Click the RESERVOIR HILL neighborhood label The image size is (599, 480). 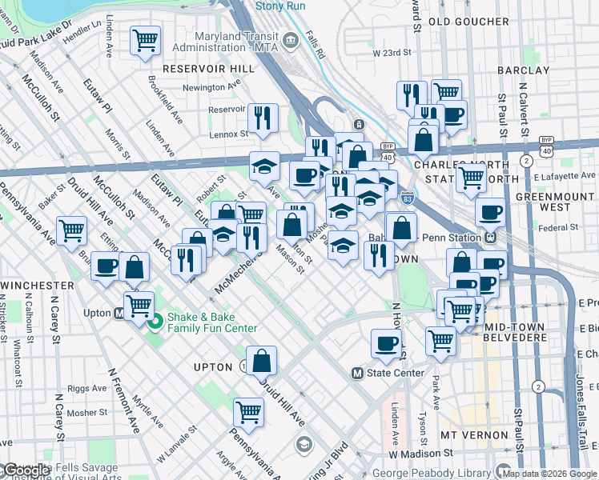pos(208,69)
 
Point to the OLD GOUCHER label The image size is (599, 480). pos(468,22)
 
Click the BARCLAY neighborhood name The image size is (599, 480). pos(523,70)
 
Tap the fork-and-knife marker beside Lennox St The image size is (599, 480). pos(263,118)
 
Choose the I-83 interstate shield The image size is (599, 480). pos(406,201)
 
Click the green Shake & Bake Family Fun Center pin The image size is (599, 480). pos(155,322)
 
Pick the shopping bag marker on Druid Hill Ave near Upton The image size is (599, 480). pos(261,361)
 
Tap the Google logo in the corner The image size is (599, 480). pos(27,470)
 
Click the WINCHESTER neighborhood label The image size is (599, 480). pos(38,285)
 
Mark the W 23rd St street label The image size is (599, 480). pos(392,53)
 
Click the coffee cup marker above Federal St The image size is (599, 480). pos(490,213)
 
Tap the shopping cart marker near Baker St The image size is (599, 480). pos(71,230)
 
